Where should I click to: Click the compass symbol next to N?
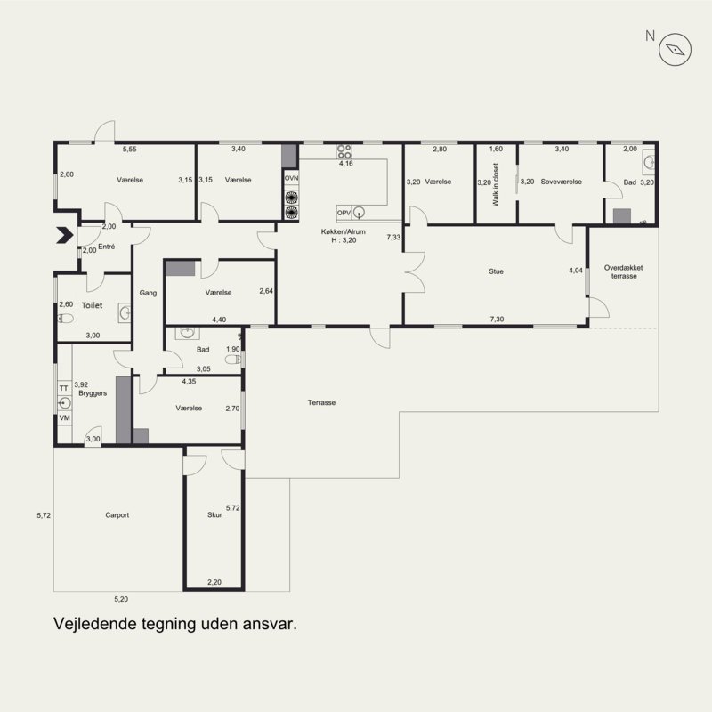[x=675, y=49]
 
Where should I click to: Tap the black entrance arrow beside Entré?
[x=65, y=235]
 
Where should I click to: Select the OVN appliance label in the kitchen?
[x=292, y=178]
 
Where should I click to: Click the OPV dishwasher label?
[x=344, y=213]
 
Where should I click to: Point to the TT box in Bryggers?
[x=64, y=388]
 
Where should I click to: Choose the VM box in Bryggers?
[x=64, y=417]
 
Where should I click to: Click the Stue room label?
[x=496, y=271]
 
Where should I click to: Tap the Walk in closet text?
[x=496, y=184]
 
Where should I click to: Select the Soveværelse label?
[x=562, y=182]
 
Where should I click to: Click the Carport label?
[x=117, y=515]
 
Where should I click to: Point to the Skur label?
[x=214, y=515]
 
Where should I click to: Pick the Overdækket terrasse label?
[x=624, y=271]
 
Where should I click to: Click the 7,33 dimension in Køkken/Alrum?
[x=393, y=237]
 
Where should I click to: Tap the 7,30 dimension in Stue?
[x=497, y=320]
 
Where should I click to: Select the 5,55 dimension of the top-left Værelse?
[x=129, y=149]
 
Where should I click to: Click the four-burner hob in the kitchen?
[x=344, y=151]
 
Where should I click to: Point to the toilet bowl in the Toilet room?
[x=66, y=319]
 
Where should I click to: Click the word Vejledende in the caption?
[x=95, y=624]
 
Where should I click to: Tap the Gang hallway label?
[x=148, y=293]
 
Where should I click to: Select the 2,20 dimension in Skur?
[x=214, y=582]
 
